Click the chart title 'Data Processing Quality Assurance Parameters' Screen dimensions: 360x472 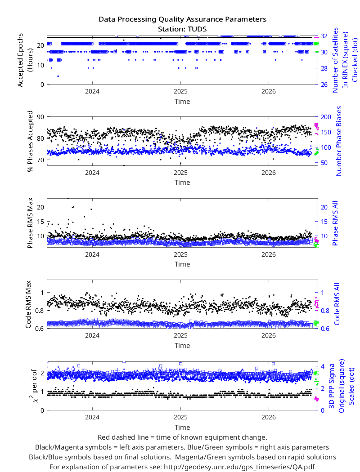(x=182, y=19)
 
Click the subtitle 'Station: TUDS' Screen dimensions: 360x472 (x=182, y=29)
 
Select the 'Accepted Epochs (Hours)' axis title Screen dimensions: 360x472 (x=24, y=60)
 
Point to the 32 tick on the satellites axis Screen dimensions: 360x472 (x=324, y=36)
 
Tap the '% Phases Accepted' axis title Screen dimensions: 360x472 (x=30, y=141)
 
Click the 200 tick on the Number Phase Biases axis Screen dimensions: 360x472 (x=326, y=117)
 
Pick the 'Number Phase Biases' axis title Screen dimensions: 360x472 (x=339, y=141)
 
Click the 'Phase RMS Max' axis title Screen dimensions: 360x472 (x=30, y=223)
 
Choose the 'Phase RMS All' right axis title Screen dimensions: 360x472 (x=335, y=223)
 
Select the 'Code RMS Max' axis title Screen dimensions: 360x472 (x=28, y=304)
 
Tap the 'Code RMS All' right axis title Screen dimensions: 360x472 (x=337, y=304)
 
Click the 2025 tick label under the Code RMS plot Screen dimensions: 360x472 (x=180, y=336)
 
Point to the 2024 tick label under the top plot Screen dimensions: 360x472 (x=92, y=92)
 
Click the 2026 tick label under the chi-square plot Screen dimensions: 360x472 (x=269, y=418)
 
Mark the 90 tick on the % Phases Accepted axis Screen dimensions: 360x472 (x=40, y=117)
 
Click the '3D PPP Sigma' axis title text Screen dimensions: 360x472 (x=331, y=386)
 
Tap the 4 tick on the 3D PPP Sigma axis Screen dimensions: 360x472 (x=323, y=367)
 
